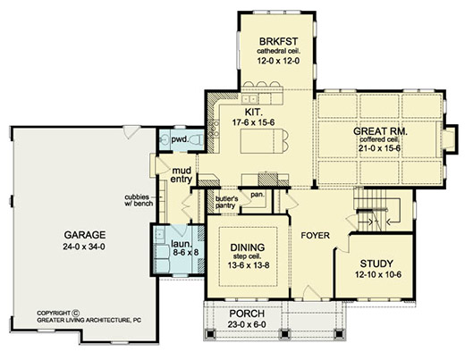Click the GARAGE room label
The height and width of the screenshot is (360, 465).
85,235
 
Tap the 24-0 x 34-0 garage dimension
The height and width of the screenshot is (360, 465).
84,247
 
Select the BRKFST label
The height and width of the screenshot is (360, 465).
278,41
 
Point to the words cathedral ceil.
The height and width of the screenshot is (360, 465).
279,51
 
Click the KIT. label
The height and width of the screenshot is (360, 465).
254,112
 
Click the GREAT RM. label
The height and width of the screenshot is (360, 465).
380,131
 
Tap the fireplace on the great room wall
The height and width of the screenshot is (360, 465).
447,139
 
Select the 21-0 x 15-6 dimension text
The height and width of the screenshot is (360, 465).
379,148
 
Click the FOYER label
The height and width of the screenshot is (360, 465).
315,236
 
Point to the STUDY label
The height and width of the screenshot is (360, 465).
376,264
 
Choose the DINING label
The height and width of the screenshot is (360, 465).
248,247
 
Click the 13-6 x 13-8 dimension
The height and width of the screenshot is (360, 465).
249,265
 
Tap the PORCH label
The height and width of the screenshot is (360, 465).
247,314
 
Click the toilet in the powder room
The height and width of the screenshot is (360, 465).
197,139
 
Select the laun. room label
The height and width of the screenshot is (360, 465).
181,244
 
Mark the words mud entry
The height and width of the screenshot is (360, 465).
182,175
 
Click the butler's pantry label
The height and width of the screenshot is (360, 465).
227,202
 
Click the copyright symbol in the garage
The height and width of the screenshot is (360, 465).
76,313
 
